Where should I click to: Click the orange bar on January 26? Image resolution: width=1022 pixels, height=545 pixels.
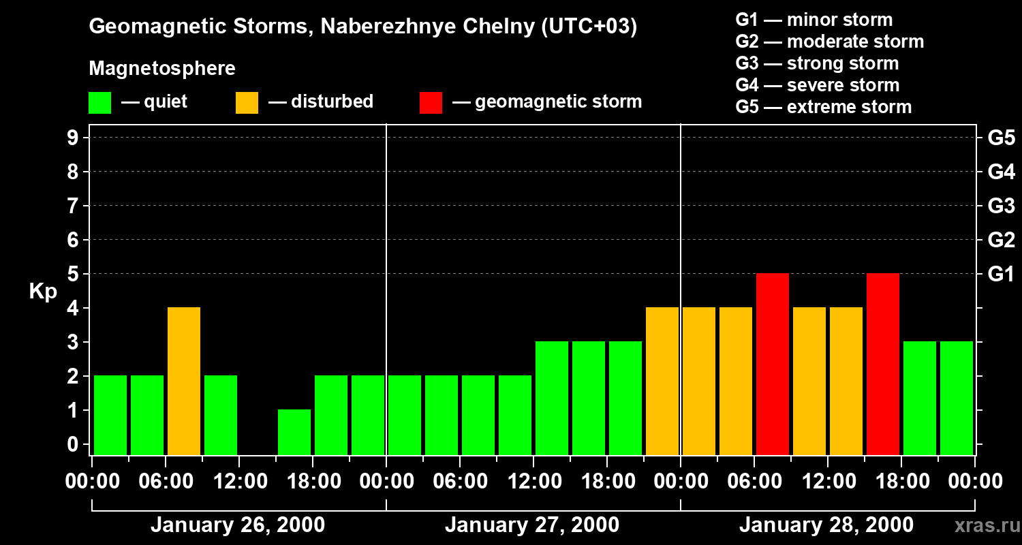[x=184, y=381]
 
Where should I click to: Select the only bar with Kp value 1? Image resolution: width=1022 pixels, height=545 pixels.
[x=294, y=432]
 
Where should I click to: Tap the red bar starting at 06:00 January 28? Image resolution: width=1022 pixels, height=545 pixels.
[x=773, y=364]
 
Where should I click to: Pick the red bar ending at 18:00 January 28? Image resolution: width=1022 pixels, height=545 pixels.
[x=883, y=364]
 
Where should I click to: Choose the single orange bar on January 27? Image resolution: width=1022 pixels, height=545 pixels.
[x=662, y=381]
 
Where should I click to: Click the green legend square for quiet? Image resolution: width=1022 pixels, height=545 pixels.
[x=99, y=103]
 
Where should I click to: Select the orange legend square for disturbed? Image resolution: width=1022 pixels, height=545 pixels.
[x=247, y=103]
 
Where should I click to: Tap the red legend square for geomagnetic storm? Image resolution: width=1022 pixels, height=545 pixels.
[x=431, y=103]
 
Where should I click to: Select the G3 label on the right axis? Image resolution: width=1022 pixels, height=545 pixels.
[x=1001, y=206]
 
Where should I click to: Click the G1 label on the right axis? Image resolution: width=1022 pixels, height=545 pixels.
[x=1001, y=275]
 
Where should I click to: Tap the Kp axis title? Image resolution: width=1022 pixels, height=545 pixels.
[x=43, y=292]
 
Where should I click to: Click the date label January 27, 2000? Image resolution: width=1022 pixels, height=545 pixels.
[x=532, y=525]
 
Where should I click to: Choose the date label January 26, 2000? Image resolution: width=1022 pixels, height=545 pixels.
[x=238, y=525]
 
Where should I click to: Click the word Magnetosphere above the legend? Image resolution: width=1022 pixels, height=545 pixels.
[x=162, y=69]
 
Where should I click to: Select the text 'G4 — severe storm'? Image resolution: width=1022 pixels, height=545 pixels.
[x=818, y=85]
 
